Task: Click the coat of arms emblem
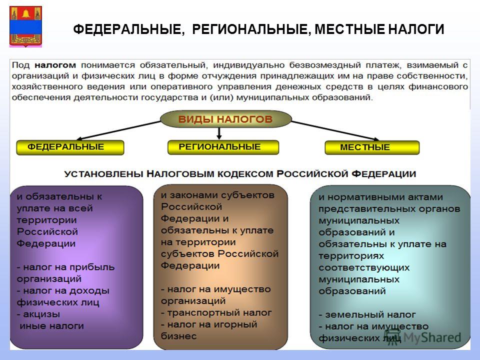click(25, 26)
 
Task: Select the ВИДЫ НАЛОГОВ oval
click(225, 119)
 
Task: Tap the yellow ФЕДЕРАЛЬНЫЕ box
click(70, 147)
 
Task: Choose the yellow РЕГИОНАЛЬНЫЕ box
click(223, 147)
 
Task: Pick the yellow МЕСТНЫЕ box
click(372, 147)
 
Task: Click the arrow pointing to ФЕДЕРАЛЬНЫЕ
click(118, 130)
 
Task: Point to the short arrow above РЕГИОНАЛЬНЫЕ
click(219, 133)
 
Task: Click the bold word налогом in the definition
click(55, 65)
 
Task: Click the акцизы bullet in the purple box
click(38, 314)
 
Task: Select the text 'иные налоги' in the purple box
click(51, 326)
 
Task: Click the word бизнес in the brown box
click(179, 336)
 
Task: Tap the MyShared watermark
click(423, 337)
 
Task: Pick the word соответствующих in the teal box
click(364, 268)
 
